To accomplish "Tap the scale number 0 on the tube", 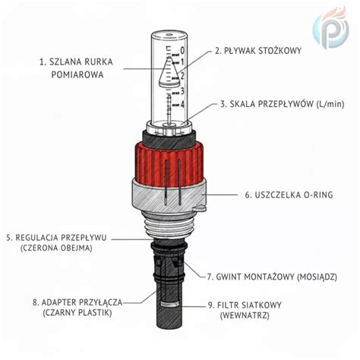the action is (x=182, y=51).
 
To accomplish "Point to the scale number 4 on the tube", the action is (x=182, y=105).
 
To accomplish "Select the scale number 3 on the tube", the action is (x=182, y=91).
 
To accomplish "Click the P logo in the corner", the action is (x=330, y=28).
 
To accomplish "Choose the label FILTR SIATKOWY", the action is (x=249, y=305).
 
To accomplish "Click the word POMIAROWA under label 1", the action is (x=77, y=74).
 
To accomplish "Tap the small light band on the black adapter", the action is (x=170, y=304).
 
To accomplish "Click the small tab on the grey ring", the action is (x=200, y=208).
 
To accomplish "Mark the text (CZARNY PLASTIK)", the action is (x=77, y=313).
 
